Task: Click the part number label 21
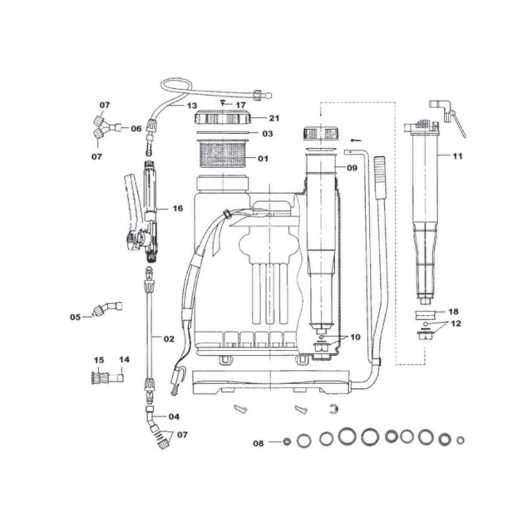pos(274,118)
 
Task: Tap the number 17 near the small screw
pos(240,105)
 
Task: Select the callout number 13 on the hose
pos(192,106)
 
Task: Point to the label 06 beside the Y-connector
pos(136,129)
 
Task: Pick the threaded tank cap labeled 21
pos(223,117)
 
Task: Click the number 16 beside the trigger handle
pos(178,208)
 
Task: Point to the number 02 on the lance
pos(169,339)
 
